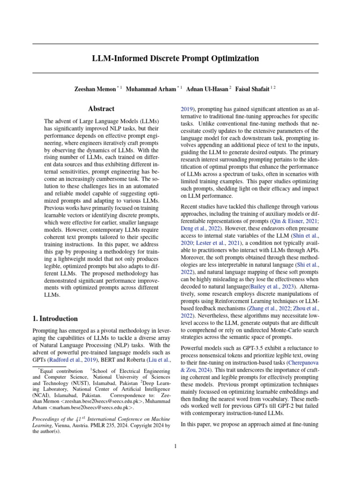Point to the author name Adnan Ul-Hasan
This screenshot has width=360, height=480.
207,89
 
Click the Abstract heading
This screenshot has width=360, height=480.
101,109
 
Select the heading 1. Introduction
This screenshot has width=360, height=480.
55,318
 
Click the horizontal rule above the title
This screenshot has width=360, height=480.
175,44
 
